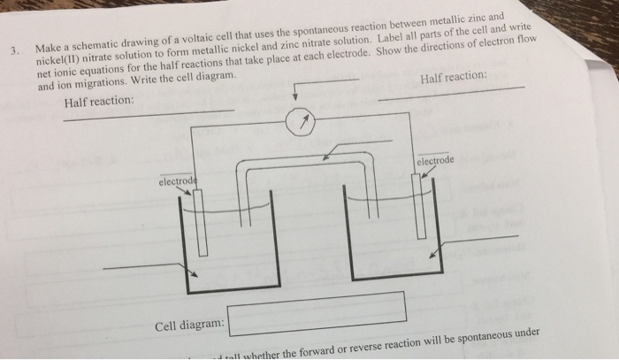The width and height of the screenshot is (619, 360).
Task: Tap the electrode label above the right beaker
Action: (x=435, y=162)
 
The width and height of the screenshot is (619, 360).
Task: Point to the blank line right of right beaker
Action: (x=481, y=238)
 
